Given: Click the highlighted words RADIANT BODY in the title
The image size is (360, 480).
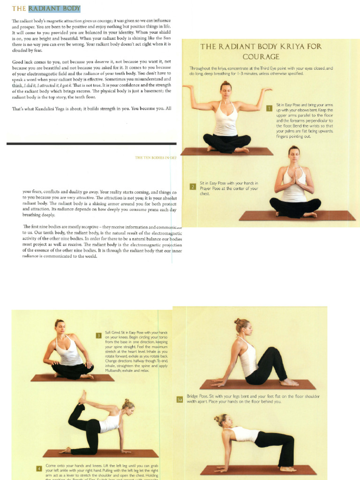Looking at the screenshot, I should tap(54, 8).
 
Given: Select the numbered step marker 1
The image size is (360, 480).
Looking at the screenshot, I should tap(269, 108).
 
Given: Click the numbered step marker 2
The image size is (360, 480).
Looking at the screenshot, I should tap(192, 187).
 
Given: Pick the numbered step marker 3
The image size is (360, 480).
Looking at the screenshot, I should tap(99, 335).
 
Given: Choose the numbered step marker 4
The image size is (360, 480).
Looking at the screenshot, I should tap(39, 468).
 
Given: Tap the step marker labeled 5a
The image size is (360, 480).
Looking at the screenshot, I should tap(180, 399).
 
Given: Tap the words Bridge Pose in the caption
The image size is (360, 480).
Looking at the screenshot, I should tap(196, 396).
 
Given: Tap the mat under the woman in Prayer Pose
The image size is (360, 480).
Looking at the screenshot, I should tap(297, 216).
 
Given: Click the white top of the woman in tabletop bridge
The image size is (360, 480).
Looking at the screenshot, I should tap(244, 435).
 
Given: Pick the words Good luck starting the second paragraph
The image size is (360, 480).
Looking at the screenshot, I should tap(22, 61).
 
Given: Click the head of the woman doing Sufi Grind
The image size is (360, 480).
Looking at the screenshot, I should tap(60, 326).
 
